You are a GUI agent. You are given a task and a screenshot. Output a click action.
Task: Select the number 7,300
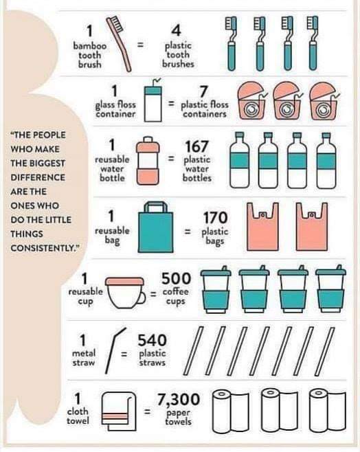pos(178,399)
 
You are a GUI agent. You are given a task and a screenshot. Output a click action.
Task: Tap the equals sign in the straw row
pos(124,354)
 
